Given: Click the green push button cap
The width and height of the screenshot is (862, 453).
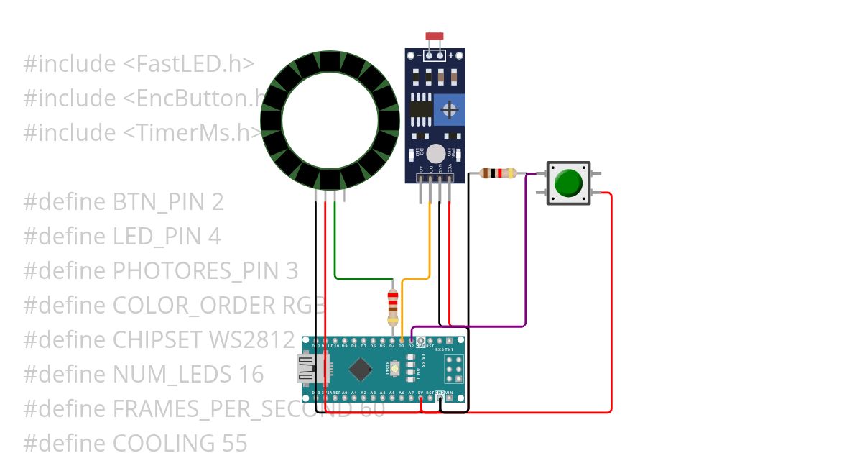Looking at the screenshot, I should pyautogui.click(x=569, y=183).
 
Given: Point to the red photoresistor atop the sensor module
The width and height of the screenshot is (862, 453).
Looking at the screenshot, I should pyautogui.click(x=433, y=36).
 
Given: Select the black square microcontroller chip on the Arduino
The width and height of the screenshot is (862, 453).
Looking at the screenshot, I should pyautogui.click(x=360, y=370).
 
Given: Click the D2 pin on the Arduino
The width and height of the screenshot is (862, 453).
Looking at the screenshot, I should pyautogui.click(x=411, y=339).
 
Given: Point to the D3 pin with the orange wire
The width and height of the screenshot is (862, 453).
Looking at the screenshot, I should pyautogui.click(x=402, y=339).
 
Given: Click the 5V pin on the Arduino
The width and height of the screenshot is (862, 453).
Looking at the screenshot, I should pyautogui.click(x=421, y=399).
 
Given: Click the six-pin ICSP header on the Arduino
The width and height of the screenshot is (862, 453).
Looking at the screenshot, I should pyautogui.click(x=452, y=369).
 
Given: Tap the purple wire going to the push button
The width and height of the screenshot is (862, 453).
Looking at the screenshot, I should pyautogui.click(x=526, y=252).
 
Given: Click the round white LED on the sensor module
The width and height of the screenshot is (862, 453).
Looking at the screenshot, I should pyautogui.click(x=435, y=153).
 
